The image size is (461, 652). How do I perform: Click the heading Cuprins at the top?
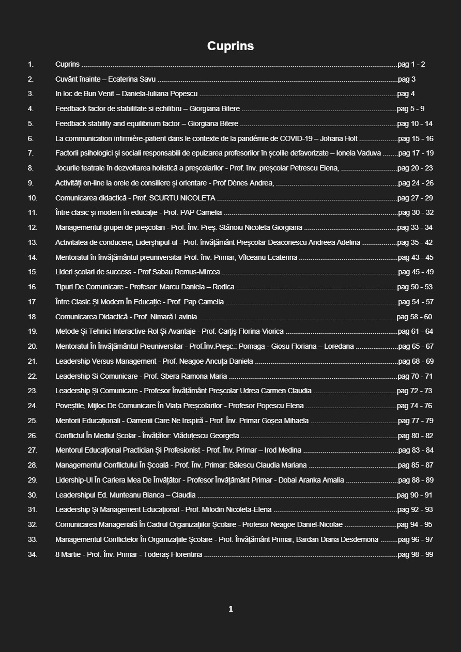[230, 46]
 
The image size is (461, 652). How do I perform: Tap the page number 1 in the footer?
[230, 609]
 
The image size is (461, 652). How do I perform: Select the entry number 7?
[30, 153]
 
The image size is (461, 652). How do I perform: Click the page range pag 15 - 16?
[416, 138]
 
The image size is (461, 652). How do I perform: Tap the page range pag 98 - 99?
[415, 555]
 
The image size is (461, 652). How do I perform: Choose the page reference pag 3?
[407, 79]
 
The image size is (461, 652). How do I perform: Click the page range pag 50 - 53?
[415, 287]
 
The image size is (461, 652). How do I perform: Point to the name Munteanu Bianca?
[140, 495]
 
